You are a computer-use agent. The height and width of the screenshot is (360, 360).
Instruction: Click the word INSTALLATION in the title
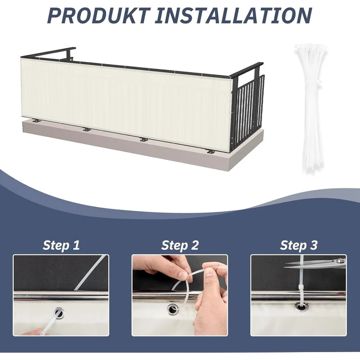click(x=233, y=15)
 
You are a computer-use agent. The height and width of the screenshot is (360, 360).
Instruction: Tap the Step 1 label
click(x=61, y=245)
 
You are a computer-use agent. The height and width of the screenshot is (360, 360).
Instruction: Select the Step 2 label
click(x=180, y=245)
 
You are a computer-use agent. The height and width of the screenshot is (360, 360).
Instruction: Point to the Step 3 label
click(x=298, y=245)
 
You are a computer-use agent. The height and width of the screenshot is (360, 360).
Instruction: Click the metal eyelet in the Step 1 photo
click(x=60, y=313)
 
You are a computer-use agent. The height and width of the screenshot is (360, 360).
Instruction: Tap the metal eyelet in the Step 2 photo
click(x=172, y=310)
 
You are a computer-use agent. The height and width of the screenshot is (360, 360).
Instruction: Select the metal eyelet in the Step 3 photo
click(x=301, y=307)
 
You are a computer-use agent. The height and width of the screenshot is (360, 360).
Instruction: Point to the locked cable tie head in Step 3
click(x=301, y=288)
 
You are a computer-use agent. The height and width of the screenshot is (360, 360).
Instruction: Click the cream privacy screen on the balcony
click(x=126, y=103)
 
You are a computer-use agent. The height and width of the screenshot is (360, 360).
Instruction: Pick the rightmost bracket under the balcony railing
click(x=211, y=152)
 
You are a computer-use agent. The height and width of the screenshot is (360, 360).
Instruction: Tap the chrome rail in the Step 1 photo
click(x=61, y=296)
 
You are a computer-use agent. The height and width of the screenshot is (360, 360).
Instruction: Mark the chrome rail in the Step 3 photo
click(x=298, y=297)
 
